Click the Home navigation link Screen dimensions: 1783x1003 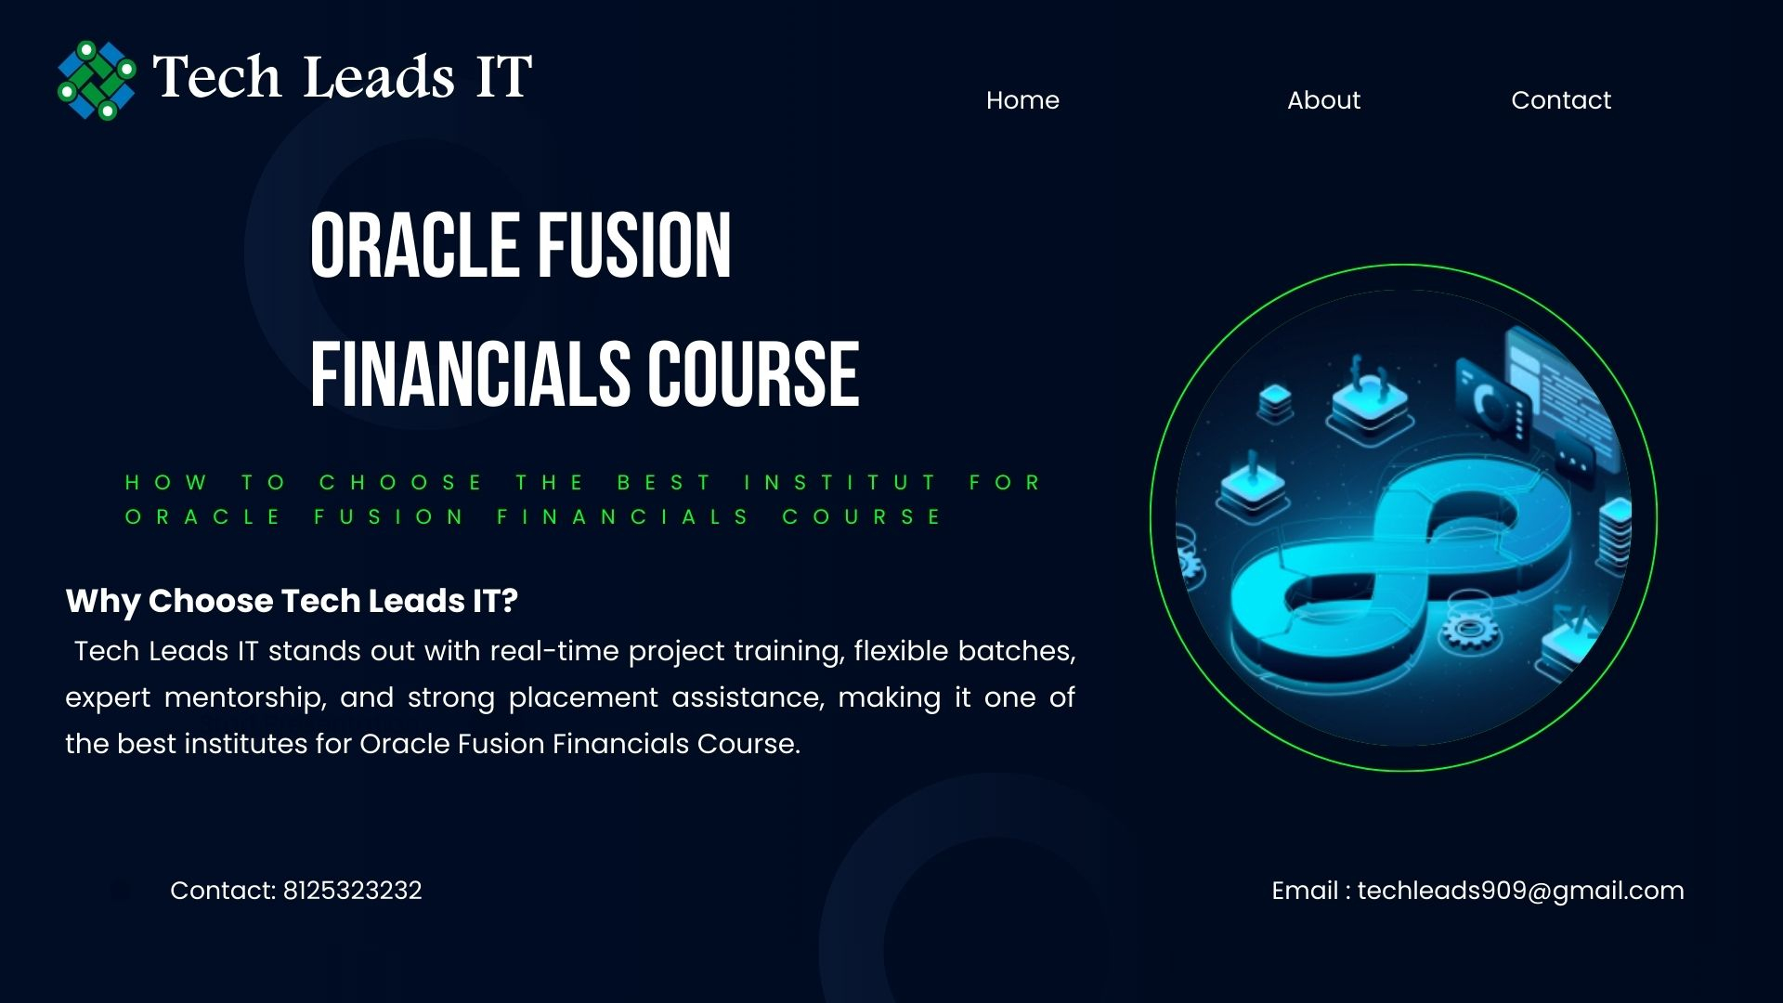click(1022, 100)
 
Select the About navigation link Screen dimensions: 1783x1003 click(1323, 100)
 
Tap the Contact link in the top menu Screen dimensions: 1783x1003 click(1561, 100)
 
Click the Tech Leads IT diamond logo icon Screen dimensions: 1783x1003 click(97, 80)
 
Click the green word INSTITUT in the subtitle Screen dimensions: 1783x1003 click(841, 483)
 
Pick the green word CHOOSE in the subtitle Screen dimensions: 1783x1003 click(401, 483)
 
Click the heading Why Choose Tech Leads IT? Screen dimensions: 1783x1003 click(292, 601)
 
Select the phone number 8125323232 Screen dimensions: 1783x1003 click(352, 891)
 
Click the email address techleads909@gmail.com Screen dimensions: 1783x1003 click(1520, 891)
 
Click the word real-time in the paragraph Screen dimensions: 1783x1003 click(554, 651)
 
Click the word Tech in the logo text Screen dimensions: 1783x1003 click(216, 76)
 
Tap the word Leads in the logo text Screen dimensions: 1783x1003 click(379, 76)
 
